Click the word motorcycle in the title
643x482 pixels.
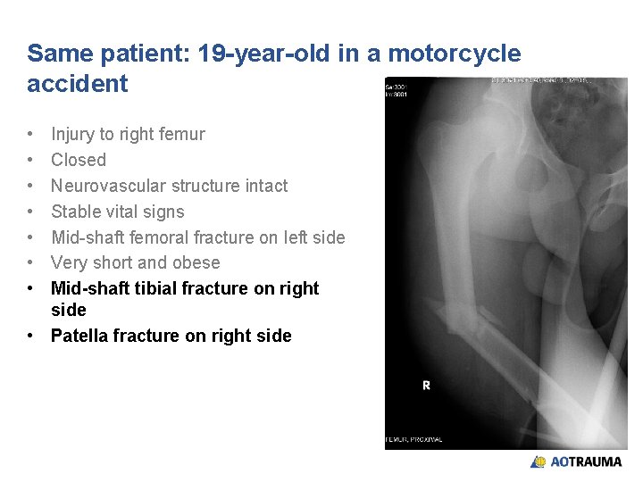coord(460,54)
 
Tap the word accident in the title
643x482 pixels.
coord(78,84)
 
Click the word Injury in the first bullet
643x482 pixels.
coord(72,135)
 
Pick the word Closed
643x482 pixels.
coord(79,161)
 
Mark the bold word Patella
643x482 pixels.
coord(81,336)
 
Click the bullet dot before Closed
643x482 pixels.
coord(31,161)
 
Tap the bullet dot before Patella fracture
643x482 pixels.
coord(31,336)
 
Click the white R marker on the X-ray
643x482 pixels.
coord(426,386)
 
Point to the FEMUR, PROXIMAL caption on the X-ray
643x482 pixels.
coord(415,439)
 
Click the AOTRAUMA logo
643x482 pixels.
coord(576,461)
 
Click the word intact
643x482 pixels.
coord(263,186)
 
